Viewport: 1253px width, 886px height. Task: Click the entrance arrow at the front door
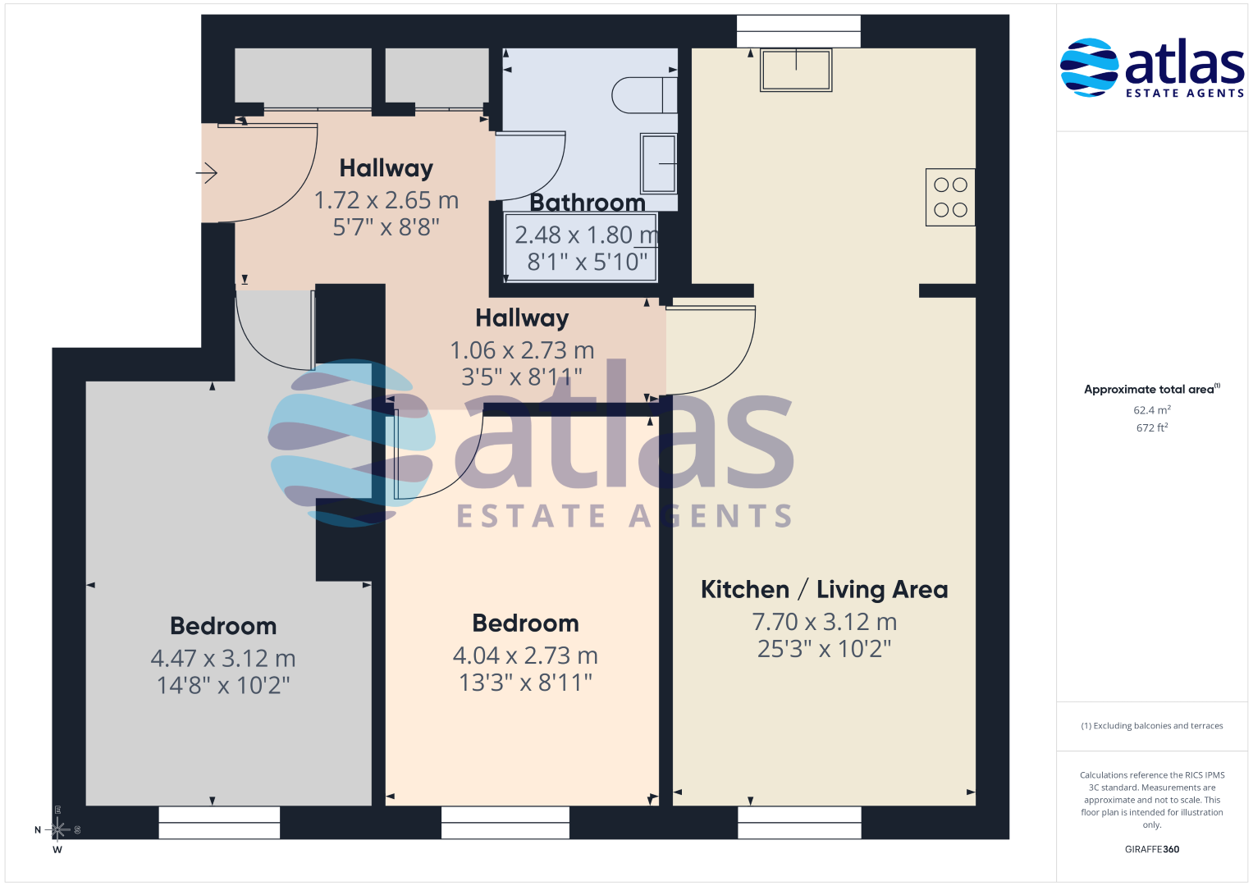207,173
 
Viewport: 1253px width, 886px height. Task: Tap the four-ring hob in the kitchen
950,198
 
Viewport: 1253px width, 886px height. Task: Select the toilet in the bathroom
644,95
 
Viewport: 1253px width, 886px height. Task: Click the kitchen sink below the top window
796,71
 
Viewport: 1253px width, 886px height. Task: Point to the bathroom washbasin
658,163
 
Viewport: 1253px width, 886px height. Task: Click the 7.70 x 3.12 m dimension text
824,622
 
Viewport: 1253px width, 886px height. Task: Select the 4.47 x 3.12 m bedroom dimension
222,658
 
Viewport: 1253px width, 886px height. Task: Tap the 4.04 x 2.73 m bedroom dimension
525,655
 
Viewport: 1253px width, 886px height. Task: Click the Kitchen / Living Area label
824,590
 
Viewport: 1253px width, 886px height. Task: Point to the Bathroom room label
588,203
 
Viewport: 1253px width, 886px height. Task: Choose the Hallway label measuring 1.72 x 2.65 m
386,168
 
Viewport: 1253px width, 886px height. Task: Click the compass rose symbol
57,829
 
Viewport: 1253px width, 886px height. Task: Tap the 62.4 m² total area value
1152,410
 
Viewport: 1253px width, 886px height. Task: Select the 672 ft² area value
1152,427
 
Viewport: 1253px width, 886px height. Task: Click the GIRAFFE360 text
1152,849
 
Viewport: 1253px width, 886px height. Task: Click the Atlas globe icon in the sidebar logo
1089,67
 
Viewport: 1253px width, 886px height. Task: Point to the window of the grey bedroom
219,822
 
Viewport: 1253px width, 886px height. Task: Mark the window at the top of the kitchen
798,31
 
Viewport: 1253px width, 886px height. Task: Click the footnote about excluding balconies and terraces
1152,725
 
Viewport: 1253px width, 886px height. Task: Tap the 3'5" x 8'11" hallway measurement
522,377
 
